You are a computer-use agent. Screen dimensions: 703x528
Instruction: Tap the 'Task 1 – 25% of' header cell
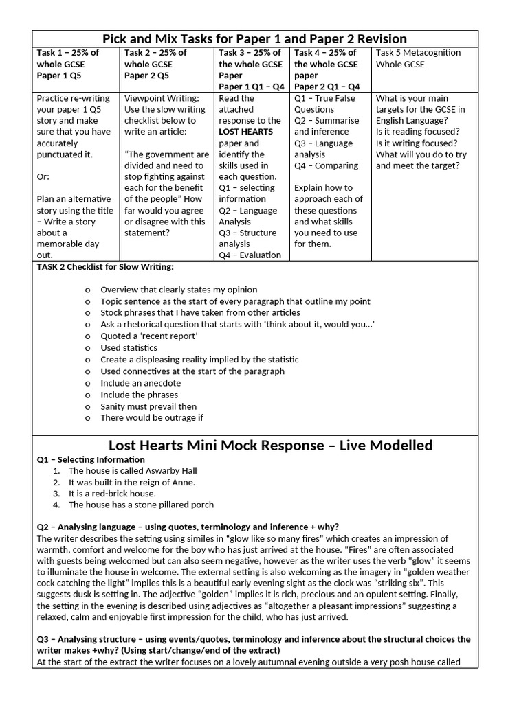[x=67, y=53]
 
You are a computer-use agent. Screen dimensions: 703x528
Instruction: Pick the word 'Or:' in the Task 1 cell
[x=43, y=176]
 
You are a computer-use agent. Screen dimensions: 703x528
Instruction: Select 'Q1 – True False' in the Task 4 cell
[x=324, y=98]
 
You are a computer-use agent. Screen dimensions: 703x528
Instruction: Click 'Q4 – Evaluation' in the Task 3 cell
[x=250, y=255]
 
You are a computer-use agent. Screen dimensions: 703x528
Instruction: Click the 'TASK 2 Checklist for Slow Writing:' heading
[x=104, y=266]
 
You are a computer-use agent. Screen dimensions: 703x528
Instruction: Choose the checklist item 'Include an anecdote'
[x=140, y=383]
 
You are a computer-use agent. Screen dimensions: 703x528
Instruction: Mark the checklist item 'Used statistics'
[x=129, y=348]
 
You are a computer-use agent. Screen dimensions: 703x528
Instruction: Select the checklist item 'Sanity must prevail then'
[x=148, y=406]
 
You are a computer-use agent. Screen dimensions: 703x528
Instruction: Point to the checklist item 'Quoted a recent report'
[x=148, y=336]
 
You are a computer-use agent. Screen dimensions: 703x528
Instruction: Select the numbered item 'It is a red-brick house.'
[x=112, y=494]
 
